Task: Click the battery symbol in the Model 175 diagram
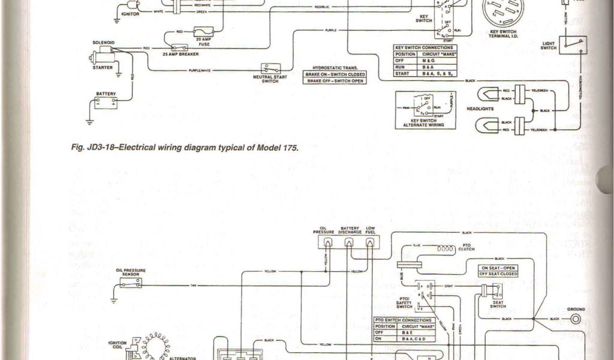click(x=106, y=103)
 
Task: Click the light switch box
click(x=573, y=44)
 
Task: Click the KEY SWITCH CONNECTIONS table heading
click(x=424, y=47)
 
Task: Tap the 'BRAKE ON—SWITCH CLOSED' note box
click(x=335, y=74)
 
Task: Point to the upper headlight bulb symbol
click(x=486, y=94)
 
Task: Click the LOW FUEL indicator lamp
click(x=370, y=243)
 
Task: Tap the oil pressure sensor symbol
click(x=131, y=283)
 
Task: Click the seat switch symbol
click(x=493, y=291)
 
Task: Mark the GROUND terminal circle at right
click(x=576, y=319)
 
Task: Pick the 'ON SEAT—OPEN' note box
click(x=498, y=268)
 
